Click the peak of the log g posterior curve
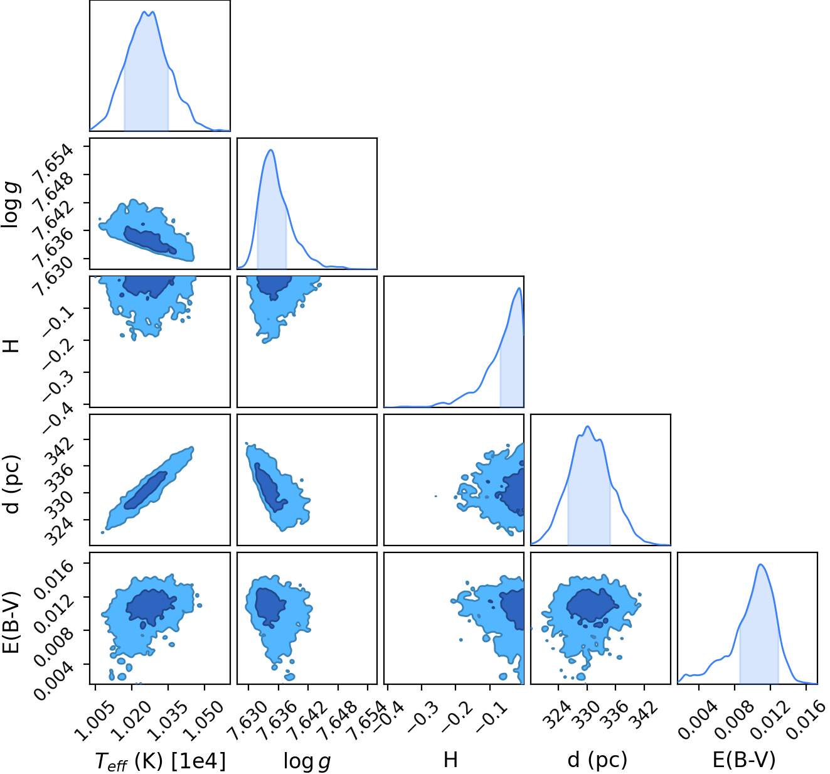(271, 149)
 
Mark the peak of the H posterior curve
(519, 288)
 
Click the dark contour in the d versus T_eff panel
(146, 490)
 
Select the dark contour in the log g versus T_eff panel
(149, 240)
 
